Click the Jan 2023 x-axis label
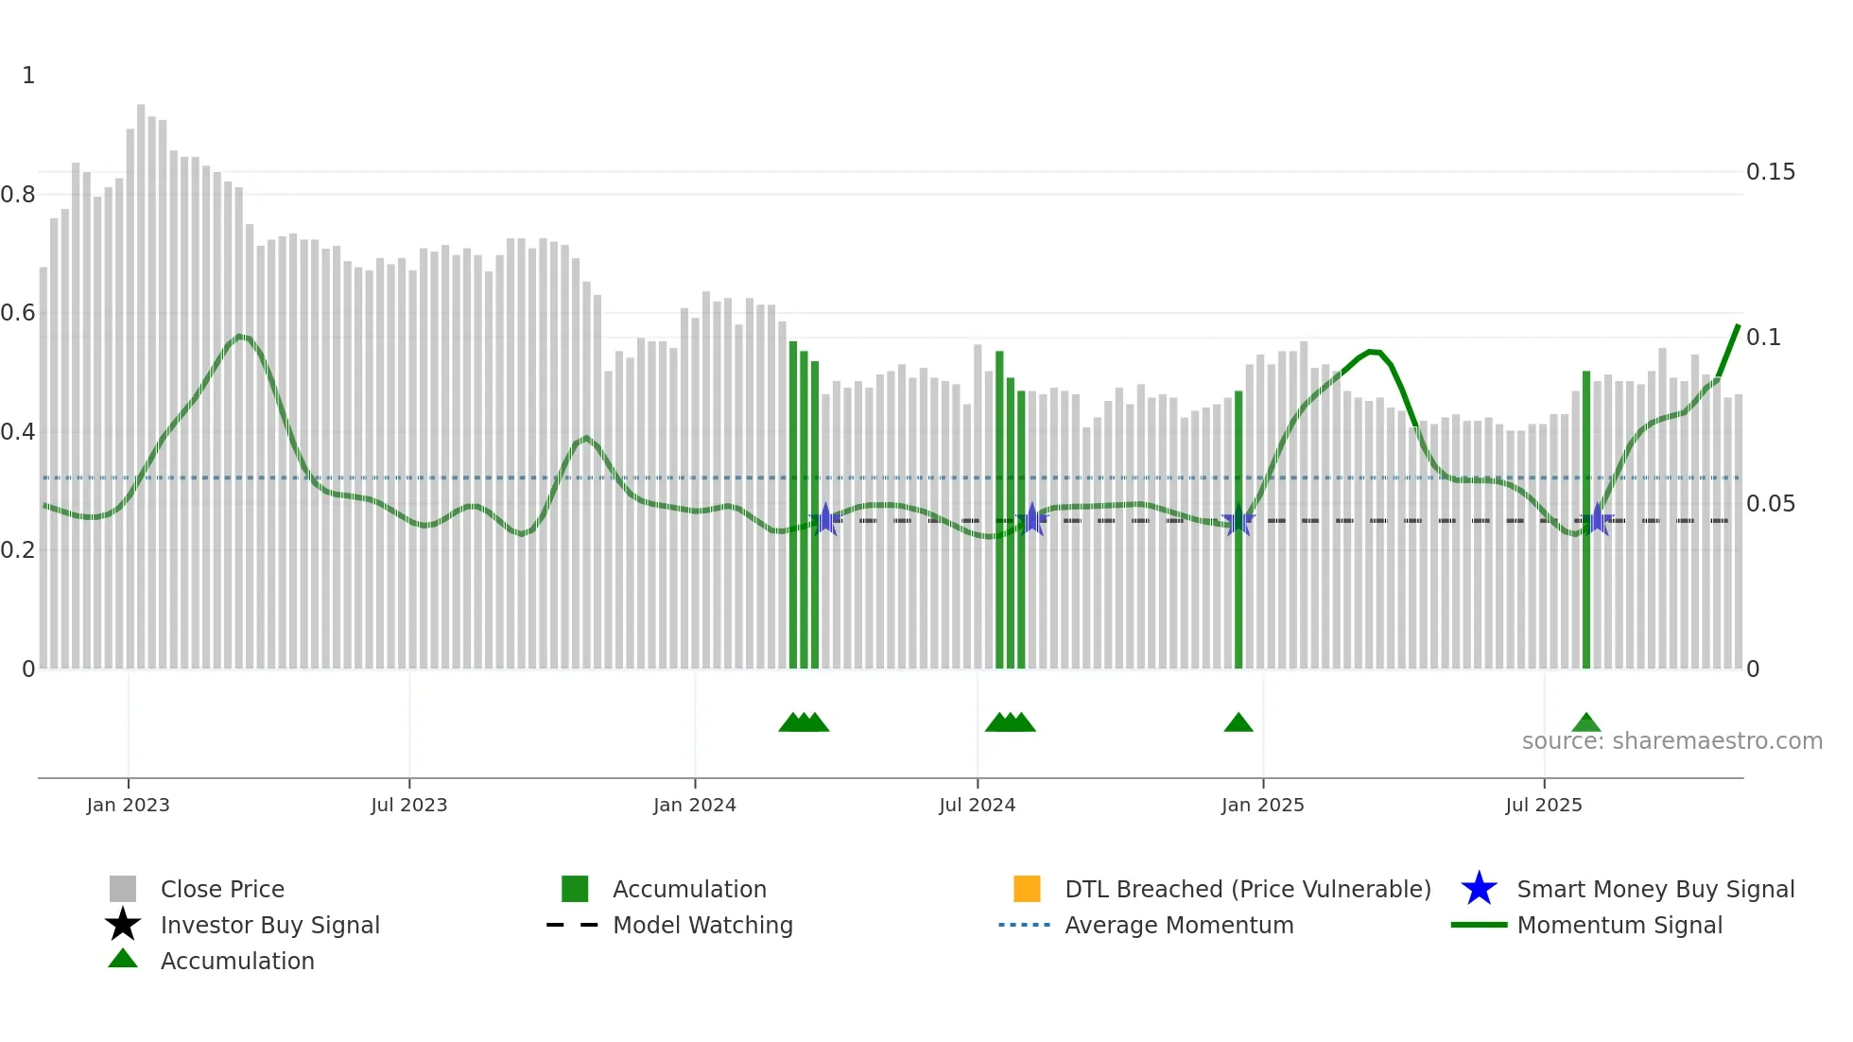point(128,805)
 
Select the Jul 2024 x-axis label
point(977,805)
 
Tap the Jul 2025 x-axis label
point(1543,805)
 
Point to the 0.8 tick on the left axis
point(18,195)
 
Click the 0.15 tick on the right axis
point(1770,172)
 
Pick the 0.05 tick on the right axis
point(1770,504)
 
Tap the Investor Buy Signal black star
point(123,925)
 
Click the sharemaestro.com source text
point(1671,741)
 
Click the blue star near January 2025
point(1238,520)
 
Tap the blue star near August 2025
point(1597,520)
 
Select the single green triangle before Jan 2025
point(1238,723)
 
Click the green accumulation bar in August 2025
point(1586,520)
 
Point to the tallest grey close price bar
point(141,378)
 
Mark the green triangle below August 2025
point(1586,723)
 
